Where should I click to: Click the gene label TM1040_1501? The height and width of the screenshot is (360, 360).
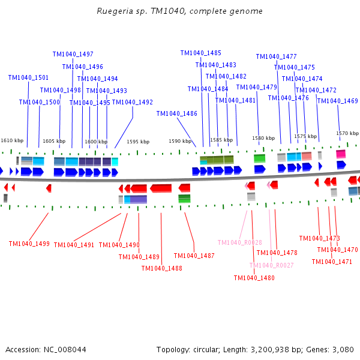click(x=28, y=77)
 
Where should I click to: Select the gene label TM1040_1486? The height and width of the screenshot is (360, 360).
click(x=176, y=113)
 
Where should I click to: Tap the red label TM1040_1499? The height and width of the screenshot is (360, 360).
click(x=29, y=244)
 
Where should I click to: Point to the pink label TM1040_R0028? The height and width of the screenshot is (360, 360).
click(x=239, y=242)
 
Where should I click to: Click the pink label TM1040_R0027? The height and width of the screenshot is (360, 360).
click(x=271, y=265)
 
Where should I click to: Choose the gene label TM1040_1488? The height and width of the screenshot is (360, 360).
click(x=161, y=268)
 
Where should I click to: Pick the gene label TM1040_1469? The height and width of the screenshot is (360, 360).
click(x=337, y=101)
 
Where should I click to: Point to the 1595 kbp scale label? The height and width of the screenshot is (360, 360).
click(x=138, y=142)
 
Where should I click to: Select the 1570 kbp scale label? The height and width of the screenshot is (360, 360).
click(x=347, y=133)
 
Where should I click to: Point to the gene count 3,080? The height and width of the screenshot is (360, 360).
click(x=343, y=349)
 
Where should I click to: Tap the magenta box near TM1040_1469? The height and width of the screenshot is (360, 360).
click(x=340, y=154)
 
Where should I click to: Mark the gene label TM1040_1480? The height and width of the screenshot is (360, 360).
click(x=254, y=278)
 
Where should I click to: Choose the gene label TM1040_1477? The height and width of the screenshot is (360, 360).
click(x=276, y=56)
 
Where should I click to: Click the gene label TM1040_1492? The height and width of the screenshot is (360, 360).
click(x=133, y=102)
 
